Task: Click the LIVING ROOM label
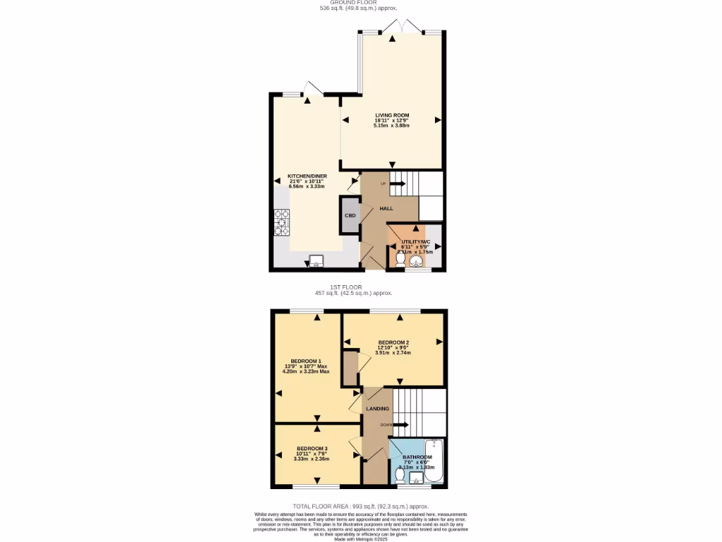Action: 391,115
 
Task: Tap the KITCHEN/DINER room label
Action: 307,176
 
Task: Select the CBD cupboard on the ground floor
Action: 350,216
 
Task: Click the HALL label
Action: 386,208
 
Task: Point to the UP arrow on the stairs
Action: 397,184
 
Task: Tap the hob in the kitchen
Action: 281,223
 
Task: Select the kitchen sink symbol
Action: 315,260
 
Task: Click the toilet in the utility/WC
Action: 400,260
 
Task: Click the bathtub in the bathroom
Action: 433,462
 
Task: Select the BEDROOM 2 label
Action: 393,342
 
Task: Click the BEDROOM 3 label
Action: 312,448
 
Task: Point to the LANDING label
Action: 377,409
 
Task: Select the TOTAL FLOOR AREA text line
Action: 361,506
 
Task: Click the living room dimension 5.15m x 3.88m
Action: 391,126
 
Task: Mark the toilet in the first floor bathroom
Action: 400,477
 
